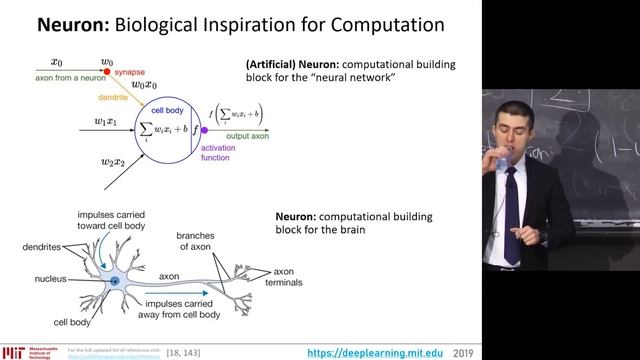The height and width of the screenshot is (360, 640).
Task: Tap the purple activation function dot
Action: click(203, 130)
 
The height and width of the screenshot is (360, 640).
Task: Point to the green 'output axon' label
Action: click(258, 137)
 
